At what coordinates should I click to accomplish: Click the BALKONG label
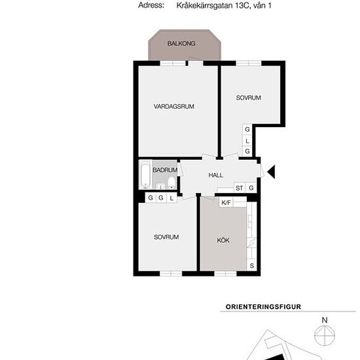point(181,43)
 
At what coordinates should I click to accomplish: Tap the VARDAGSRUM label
point(174,107)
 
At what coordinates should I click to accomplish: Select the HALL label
point(215,175)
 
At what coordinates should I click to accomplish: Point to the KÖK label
point(223,240)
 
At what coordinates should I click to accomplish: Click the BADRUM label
point(165,170)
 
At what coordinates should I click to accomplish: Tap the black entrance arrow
point(271,171)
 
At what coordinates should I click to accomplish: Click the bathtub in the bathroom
point(145,175)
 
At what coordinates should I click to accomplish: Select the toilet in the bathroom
point(171,183)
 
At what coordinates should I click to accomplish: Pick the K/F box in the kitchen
point(226,202)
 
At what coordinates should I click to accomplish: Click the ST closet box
point(239,188)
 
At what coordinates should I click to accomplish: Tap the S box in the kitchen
point(251,265)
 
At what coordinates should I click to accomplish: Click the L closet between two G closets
point(247,141)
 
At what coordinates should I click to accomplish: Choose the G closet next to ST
point(251,188)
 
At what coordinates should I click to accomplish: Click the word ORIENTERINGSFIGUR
point(263,307)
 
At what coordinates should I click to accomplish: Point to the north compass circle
point(325,335)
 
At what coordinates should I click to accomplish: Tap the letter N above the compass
point(325,320)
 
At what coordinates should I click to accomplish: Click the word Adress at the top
point(151,5)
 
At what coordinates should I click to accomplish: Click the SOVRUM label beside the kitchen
point(166,237)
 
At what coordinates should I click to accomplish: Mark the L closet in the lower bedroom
point(171,198)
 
